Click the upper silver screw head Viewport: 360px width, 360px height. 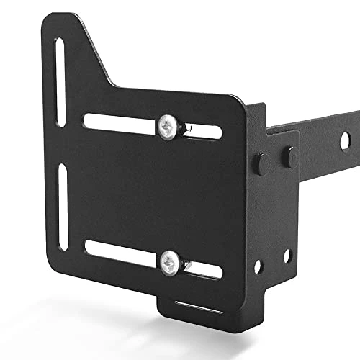167,127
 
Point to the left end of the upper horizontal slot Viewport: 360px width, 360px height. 91,121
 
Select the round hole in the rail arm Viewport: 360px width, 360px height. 345,140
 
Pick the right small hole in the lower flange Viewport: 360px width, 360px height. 287,255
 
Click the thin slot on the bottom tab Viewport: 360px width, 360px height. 197,305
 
